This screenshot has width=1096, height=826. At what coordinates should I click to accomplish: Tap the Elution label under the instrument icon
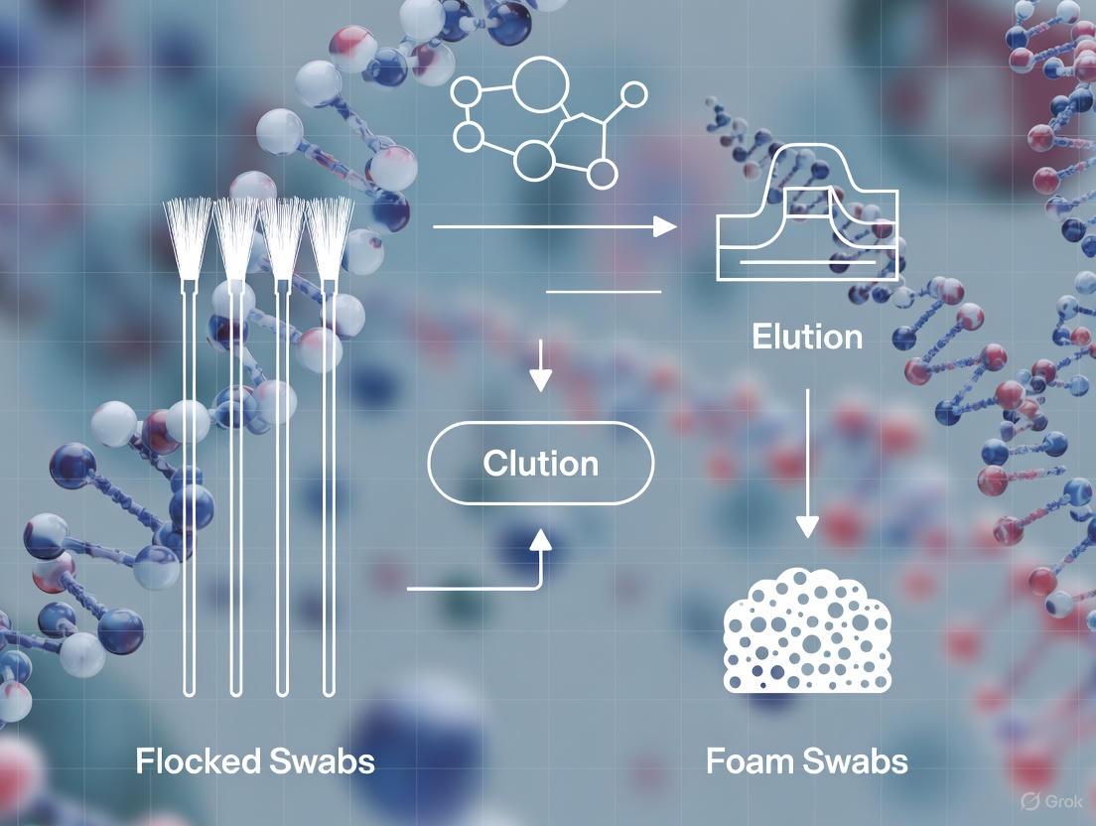click(806, 337)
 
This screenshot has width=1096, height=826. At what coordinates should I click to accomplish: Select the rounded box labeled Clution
click(541, 463)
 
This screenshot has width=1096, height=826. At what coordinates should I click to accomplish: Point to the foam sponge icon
click(807, 630)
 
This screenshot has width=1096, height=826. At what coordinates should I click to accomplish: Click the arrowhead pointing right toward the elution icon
click(665, 226)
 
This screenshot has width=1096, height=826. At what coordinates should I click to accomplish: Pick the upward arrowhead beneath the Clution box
click(540, 540)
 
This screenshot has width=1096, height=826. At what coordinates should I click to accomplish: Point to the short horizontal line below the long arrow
click(604, 292)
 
